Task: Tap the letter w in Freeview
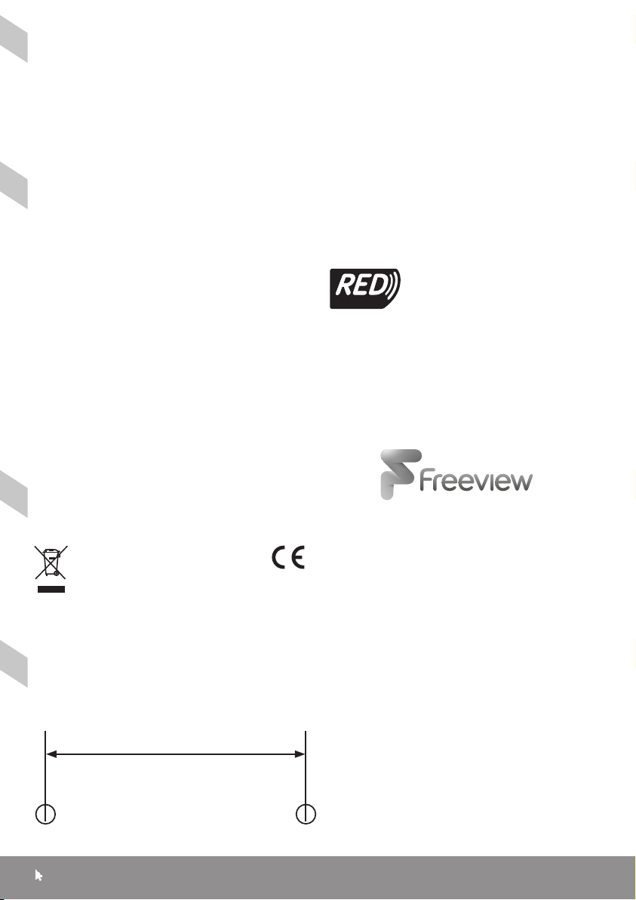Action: tap(519, 482)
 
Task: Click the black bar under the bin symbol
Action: tap(52, 587)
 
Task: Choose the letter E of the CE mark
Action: tap(297, 557)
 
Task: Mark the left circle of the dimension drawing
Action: tap(47, 815)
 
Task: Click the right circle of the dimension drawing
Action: tap(306, 815)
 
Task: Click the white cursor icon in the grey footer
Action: tap(39, 876)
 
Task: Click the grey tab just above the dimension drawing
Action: tap(14, 664)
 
